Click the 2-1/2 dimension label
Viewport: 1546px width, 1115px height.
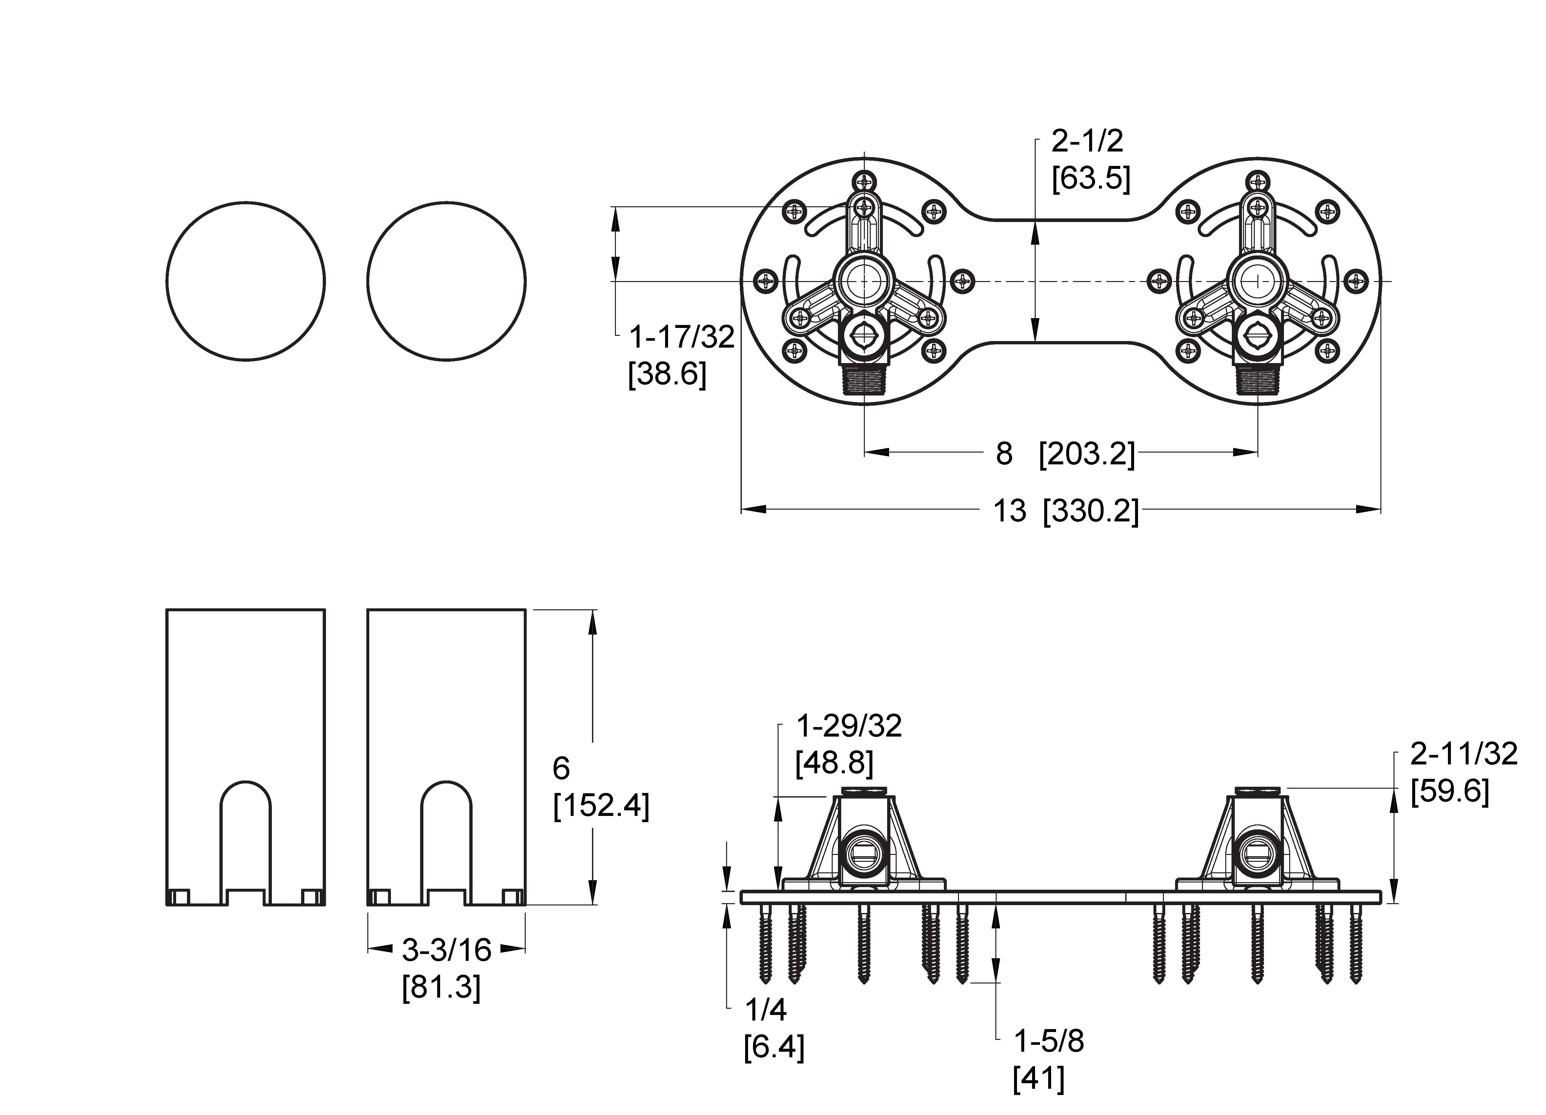point(1087,141)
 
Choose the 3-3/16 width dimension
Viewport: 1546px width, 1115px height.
point(446,949)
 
